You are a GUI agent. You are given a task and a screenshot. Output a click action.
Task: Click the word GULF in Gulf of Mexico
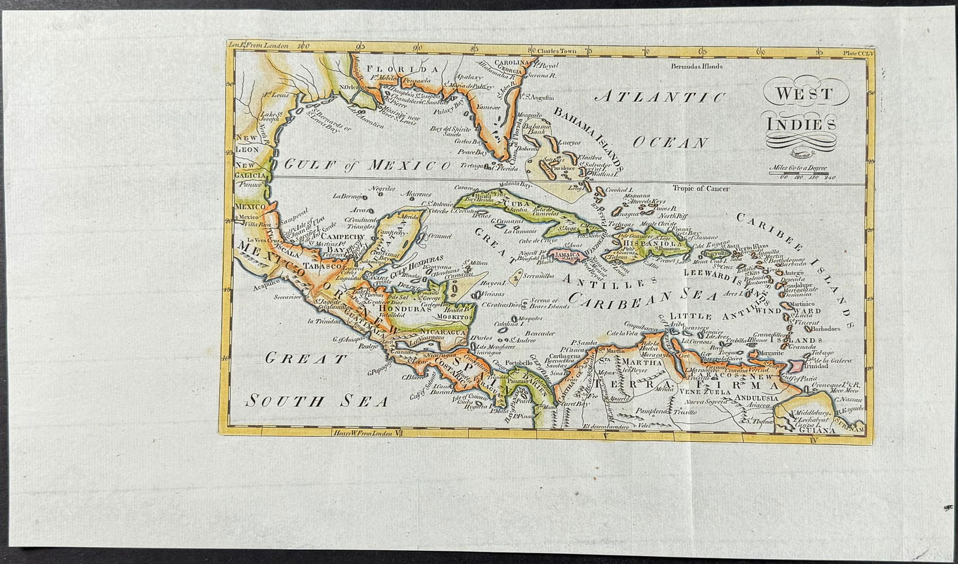pyautogui.click(x=307, y=164)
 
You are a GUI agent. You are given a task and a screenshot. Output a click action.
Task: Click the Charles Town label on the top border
pyautogui.click(x=557, y=52)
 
